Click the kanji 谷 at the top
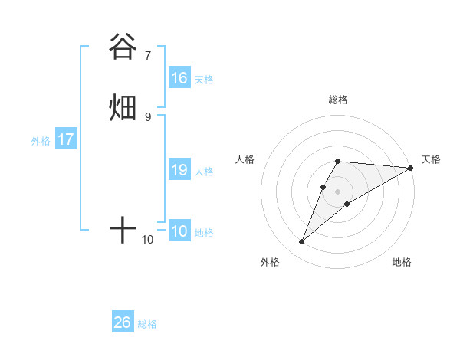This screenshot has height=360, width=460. (123, 47)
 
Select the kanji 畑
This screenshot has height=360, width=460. (123, 107)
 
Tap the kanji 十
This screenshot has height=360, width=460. (123, 229)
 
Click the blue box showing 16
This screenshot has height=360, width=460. (179, 78)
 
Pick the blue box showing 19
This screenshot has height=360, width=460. (179, 170)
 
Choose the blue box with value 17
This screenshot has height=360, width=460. (65, 140)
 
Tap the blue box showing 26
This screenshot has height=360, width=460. (123, 322)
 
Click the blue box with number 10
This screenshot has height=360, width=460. (179, 232)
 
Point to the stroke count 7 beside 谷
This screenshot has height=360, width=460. (148, 55)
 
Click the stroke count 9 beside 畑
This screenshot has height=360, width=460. (148, 116)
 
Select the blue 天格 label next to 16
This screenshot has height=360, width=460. (204, 80)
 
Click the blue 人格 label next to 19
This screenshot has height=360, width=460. (204, 172)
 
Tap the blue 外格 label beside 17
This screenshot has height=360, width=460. (41, 141)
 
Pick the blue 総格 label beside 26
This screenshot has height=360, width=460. (147, 324)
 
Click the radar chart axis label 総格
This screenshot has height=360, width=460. (338, 100)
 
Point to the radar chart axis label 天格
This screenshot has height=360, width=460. (431, 159)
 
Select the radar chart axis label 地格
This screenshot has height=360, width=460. (402, 263)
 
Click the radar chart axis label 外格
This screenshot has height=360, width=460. (270, 263)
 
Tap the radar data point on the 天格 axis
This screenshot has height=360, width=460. (411, 168)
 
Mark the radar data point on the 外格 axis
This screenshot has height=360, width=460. (302, 242)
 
